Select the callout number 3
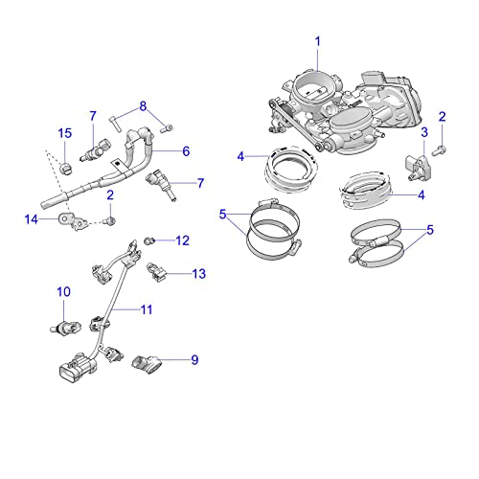(x=424, y=131)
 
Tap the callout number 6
(x=186, y=150)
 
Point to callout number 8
(x=143, y=105)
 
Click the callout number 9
(x=194, y=360)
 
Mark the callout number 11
(x=147, y=309)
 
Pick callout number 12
(x=182, y=240)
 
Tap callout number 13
(x=198, y=274)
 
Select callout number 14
(x=30, y=219)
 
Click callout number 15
(x=65, y=132)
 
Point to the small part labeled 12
(x=149, y=239)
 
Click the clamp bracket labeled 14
(x=68, y=220)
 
